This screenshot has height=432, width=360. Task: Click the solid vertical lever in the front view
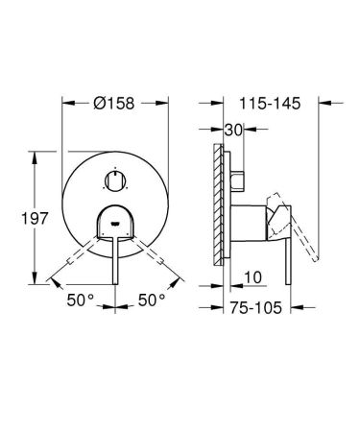(x=114, y=259)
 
